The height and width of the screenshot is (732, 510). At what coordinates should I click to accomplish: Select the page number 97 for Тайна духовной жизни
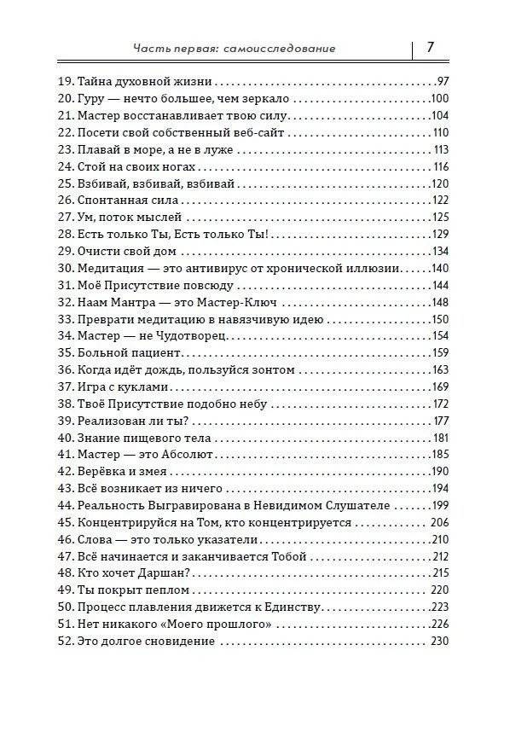[x=441, y=83]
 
